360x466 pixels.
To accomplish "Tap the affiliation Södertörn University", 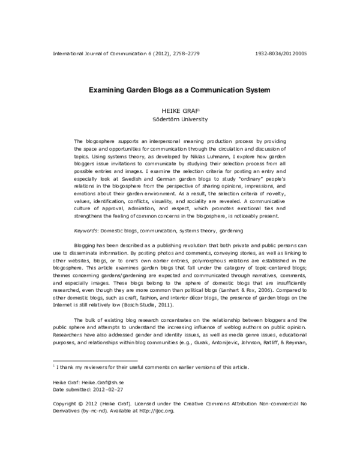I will pos(180,119).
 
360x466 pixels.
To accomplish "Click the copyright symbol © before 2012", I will pos(83,404).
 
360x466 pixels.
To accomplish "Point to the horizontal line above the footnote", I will pos(88,362).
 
